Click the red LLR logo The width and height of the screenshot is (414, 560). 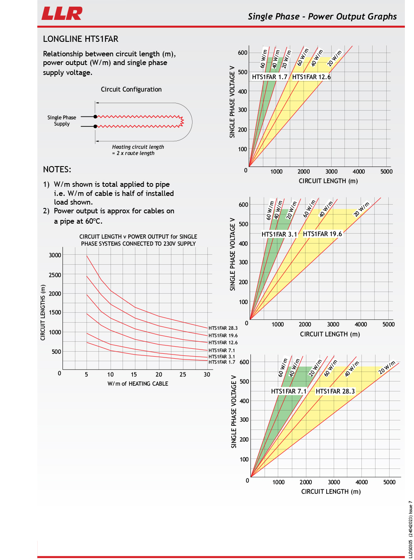pyautogui.click(x=62, y=13)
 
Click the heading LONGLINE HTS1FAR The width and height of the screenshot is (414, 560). pyautogui.click(x=81, y=39)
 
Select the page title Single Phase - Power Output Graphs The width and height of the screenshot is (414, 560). pyautogui.click(x=322, y=17)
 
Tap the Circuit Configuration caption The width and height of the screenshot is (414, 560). pyautogui.click(x=131, y=89)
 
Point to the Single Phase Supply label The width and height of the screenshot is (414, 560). pyautogui.click(x=62, y=121)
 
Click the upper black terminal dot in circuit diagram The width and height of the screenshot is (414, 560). pyautogui.click(x=95, y=117)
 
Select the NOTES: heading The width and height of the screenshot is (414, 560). pyautogui.click(x=57, y=169)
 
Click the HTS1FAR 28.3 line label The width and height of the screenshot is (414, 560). pyautogui.click(x=223, y=328)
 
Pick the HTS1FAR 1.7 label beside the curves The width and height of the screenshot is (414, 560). pyautogui.click(x=221, y=362)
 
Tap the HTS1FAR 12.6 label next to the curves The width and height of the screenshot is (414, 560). pyautogui.click(x=223, y=343)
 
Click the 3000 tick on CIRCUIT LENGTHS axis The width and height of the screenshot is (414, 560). pyautogui.click(x=55, y=255)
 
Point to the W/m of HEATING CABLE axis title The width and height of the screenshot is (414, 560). pyautogui.click(x=138, y=384)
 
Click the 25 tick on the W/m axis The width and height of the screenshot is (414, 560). pyautogui.click(x=183, y=374)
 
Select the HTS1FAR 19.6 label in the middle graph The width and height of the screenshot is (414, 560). pyautogui.click(x=323, y=234)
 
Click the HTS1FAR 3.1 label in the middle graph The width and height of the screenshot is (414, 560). pyautogui.click(x=279, y=234)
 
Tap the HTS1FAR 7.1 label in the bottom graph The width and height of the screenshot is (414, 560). pyautogui.click(x=289, y=391)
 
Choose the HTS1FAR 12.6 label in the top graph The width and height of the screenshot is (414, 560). pyautogui.click(x=311, y=77)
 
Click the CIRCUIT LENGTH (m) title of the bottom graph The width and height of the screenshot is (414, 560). pyautogui.click(x=331, y=492)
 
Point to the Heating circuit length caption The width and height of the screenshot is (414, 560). pyautogui.click(x=138, y=150)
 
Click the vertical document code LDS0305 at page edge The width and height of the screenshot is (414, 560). pyautogui.click(x=410, y=534)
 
